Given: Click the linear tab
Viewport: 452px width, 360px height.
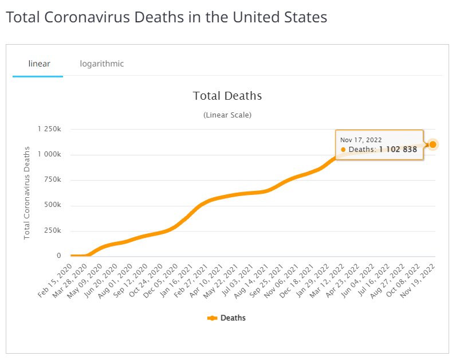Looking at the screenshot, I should [38, 64].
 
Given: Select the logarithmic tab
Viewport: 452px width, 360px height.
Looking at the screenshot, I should [102, 64].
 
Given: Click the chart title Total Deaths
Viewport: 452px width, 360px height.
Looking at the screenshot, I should [227, 96].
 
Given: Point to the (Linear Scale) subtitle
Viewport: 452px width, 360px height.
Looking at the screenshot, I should [227, 115].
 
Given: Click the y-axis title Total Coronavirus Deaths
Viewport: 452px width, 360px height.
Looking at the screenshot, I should [27, 193].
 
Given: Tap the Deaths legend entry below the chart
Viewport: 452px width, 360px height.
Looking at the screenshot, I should [227, 318].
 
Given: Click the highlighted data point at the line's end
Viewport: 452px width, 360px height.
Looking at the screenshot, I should [433, 144].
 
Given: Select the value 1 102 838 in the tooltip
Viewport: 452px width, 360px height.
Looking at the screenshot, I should [398, 150].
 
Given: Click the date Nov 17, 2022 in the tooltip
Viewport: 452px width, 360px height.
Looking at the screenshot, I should [361, 139].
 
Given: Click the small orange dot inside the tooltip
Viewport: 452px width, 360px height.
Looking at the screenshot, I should [343, 150].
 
